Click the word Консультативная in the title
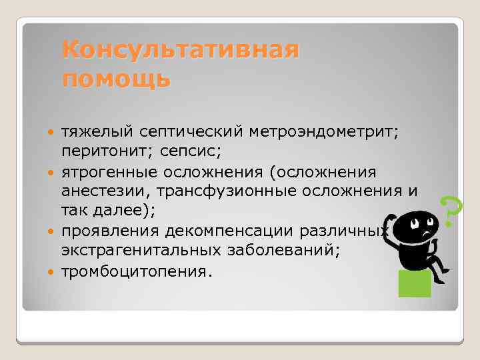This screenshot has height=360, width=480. (x=180, y=51)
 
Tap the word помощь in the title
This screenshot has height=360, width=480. (x=116, y=79)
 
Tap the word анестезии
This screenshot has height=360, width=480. (x=99, y=192)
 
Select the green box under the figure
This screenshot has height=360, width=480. (x=414, y=284)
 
